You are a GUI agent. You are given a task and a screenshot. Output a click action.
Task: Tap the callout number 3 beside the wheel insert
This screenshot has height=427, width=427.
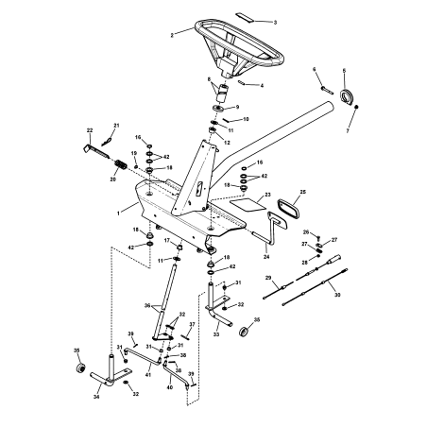[x=275, y=21]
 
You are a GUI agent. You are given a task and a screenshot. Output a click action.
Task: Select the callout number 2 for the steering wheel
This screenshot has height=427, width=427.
[x=172, y=34]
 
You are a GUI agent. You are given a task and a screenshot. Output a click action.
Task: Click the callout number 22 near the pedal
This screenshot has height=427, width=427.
[x=89, y=130]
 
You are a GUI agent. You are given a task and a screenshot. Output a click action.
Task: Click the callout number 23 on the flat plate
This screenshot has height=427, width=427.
[x=267, y=195]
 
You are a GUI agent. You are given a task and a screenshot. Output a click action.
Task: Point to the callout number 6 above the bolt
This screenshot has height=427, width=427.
[x=316, y=70]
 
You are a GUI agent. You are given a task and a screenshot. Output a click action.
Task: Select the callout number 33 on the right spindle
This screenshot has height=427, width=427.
[x=217, y=333]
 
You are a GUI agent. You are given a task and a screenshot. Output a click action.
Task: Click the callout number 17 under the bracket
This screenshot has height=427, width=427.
[x=167, y=241]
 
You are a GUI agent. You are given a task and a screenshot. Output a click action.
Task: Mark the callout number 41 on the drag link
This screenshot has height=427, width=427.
[x=147, y=376]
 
